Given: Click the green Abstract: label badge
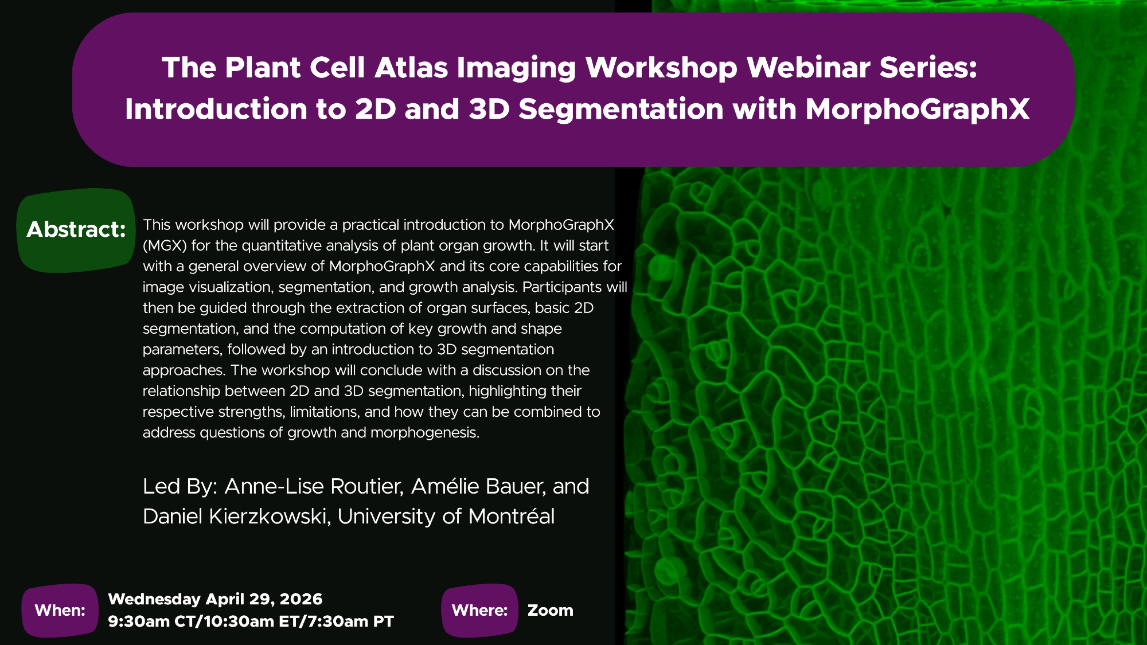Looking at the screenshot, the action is tap(76, 230).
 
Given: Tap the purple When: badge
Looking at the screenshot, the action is tap(60, 611).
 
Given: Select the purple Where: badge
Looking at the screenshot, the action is tap(479, 611).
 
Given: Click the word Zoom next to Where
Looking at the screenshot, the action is tap(551, 611).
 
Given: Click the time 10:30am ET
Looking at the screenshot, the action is tap(253, 621).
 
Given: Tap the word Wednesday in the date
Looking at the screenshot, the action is tap(154, 599).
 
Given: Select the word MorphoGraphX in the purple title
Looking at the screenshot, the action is tap(918, 110).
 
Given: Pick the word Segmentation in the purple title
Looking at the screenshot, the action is tap(621, 110).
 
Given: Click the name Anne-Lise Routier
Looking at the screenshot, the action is tap(314, 487).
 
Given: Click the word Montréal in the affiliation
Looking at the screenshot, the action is tap(511, 517).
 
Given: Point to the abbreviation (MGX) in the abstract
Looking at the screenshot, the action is tap(165, 246).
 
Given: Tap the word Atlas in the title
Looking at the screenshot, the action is tap(411, 68).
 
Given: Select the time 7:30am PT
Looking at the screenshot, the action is tap(350, 621).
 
